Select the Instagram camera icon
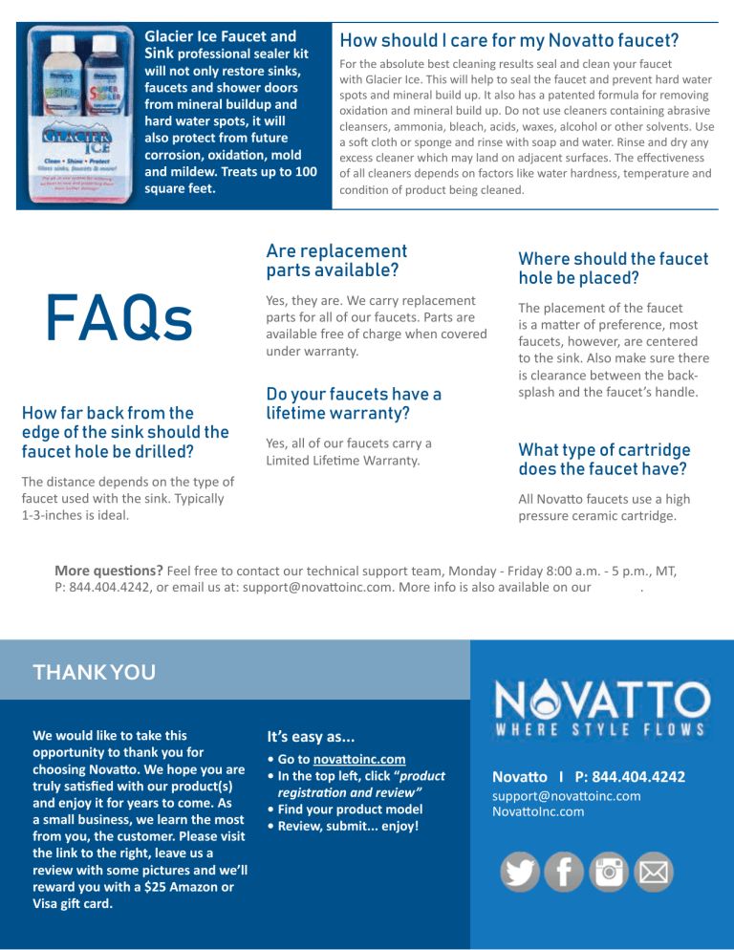tap(610, 871)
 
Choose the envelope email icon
tap(654, 871)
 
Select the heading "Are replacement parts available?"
tap(336, 260)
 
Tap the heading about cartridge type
tap(604, 459)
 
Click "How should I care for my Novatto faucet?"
tap(509, 40)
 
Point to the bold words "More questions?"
tap(108, 572)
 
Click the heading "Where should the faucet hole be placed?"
tap(612, 268)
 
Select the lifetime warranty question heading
tap(354, 403)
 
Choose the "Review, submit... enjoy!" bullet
tap(345, 824)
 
